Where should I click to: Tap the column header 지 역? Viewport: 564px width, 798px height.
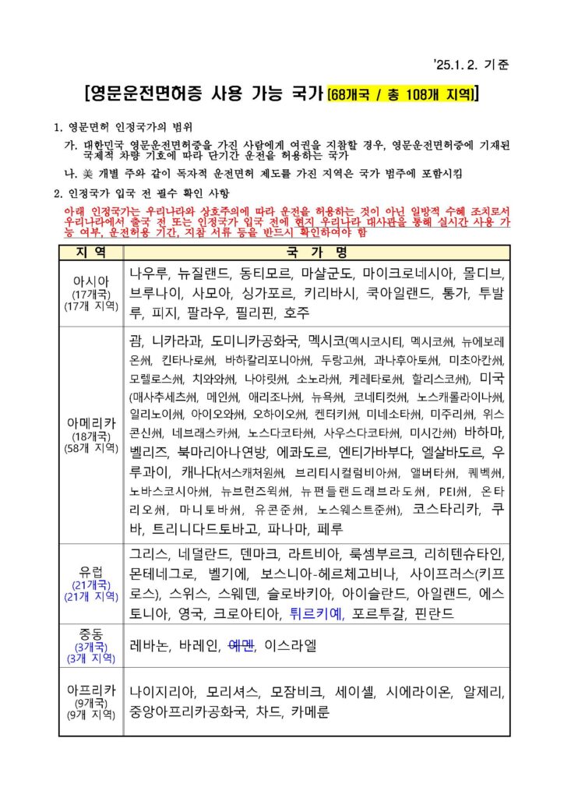tap(90, 252)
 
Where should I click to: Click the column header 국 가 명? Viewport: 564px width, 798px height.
tap(315, 252)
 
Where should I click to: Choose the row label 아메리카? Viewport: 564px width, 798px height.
tap(90, 423)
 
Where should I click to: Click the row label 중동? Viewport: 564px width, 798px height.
tap(90, 633)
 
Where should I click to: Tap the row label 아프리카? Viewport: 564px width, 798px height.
tap(90, 690)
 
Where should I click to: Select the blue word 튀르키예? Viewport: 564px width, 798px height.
tap(316, 613)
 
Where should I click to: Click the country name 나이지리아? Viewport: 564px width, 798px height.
tap(161, 691)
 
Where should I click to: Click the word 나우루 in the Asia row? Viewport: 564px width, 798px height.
tap(148, 274)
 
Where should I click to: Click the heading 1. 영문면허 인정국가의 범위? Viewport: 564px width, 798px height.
tap(122, 127)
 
